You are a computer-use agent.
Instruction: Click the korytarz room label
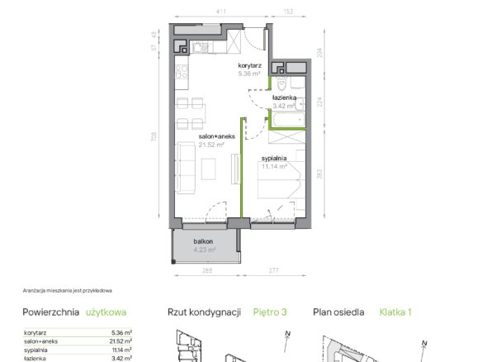[x=249, y=65]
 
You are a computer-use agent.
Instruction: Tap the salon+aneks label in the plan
[x=217, y=136]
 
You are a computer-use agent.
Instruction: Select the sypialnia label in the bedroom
[x=274, y=159]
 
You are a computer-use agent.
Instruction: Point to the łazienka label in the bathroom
[x=285, y=98]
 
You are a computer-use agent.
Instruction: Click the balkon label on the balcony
[x=203, y=241]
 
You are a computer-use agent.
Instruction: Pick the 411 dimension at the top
[x=221, y=12]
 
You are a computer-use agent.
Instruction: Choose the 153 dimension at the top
[x=288, y=12]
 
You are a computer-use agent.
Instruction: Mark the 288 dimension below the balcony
[x=207, y=270]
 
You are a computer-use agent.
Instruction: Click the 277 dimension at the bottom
[x=273, y=270]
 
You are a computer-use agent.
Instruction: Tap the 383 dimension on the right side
[x=319, y=174]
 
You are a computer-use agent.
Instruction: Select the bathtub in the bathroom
[x=288, y=120]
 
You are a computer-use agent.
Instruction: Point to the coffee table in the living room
[x=209, y=169]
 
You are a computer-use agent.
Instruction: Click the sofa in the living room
[x=186, y=168]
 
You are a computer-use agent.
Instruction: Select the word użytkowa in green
[x=106, y=312]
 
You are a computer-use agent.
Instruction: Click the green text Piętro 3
[x=270, y=312]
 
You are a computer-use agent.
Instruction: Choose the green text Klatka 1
[x=395, y=312]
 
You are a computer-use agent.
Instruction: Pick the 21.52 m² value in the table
[x=120, y=341]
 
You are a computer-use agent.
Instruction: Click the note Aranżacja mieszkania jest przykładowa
[x=68, y=291]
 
